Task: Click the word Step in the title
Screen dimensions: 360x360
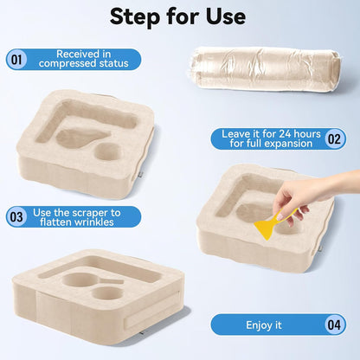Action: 135,16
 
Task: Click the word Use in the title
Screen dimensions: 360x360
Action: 226,16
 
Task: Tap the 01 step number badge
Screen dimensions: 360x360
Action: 16,60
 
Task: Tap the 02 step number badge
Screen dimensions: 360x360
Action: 335,139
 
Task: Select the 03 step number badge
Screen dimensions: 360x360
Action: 16,217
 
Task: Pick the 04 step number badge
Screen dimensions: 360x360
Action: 335,325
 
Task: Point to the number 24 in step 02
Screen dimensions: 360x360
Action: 283,134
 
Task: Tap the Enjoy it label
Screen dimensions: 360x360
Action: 264,325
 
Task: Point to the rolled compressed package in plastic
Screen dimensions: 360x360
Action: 265,68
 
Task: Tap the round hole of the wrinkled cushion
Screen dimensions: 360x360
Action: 107,152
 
